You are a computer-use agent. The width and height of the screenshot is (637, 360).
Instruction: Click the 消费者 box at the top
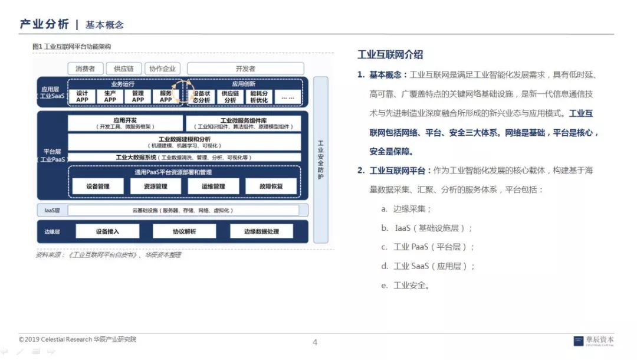tap(86, 68)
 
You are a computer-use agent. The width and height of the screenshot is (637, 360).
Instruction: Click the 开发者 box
tap(245, 68)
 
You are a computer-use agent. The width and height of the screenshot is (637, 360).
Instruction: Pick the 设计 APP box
tap(82, 96)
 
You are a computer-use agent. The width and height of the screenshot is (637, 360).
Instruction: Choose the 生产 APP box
tap(110, 96)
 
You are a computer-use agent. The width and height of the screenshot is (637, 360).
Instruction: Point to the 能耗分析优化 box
tap(259, 96)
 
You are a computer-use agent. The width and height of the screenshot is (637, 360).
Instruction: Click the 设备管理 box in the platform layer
tap(98, 186)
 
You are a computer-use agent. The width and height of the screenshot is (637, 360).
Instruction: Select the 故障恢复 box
tap(271, 186)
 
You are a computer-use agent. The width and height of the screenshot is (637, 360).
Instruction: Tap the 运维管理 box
tap(214, 186)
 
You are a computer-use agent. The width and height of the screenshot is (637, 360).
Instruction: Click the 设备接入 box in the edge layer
tap(107, 231)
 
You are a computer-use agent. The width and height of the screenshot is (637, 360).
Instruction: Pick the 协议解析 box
tap(184, 231)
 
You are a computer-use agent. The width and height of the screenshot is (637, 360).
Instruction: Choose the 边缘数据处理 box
tap(261, 231)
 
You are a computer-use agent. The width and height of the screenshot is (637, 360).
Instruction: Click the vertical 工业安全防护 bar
tap(320, 159)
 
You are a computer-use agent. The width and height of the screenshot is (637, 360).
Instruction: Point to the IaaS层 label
tap(52, 210)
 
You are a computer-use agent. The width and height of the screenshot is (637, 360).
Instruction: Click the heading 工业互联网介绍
tap(390, 55)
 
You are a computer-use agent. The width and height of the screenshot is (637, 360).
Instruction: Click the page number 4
tap(315, 342)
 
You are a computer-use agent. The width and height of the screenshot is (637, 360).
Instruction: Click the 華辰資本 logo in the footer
tap(594, 341)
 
